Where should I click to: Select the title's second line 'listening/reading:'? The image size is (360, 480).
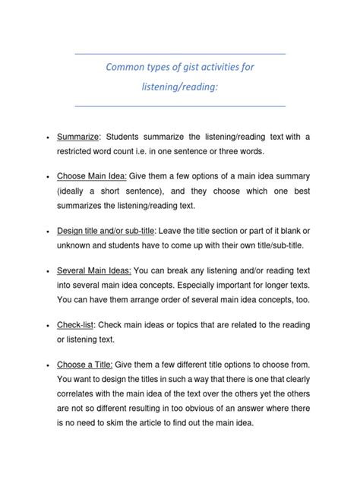[x=180, y=87]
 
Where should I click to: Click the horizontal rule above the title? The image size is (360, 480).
[x=180, y=53]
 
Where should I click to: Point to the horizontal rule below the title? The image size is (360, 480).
[x=180, y=106]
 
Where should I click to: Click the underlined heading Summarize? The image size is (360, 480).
[x=78, y=137]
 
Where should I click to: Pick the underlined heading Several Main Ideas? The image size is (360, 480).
[x=94, y=270]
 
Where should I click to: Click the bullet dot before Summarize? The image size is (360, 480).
[x=48, y=137]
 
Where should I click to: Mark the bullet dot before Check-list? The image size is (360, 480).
[x=48, y=326]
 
